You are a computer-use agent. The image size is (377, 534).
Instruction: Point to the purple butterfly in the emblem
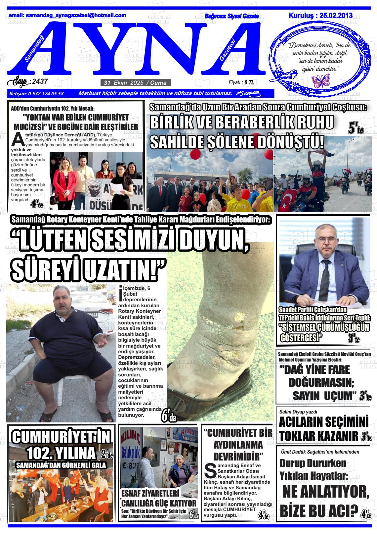coord(321,80)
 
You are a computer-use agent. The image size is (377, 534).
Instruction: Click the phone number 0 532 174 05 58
coord(46,93)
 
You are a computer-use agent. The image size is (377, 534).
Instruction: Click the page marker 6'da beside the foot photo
coord(168,416)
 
